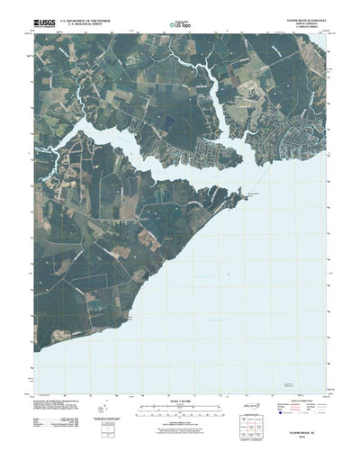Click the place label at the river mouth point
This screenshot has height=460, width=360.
coord(229,192)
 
